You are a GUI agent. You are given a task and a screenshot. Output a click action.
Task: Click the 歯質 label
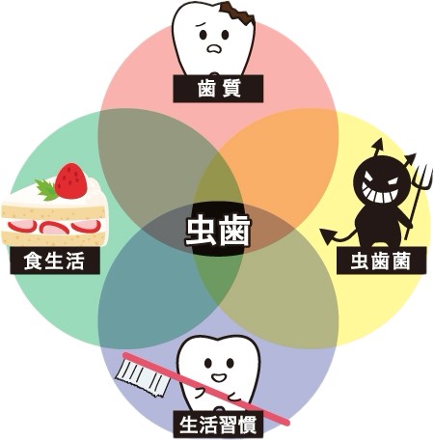[218, 89]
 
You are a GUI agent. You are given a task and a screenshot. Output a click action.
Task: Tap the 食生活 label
[55, 261]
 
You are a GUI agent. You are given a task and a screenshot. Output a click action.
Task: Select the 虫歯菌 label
[381, 261]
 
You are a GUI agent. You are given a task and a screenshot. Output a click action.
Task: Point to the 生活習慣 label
[218, 425]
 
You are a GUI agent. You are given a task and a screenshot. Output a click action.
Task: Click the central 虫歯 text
[218, 231]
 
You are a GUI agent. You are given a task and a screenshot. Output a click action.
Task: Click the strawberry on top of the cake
[70, 180]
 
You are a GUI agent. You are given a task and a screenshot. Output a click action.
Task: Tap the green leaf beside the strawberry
[46, 190]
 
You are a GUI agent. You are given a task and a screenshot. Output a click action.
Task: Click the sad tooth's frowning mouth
[214, 48]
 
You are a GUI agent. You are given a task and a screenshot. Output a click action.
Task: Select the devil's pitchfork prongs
[421, 176]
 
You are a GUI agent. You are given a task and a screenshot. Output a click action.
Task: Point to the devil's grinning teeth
[380, 193]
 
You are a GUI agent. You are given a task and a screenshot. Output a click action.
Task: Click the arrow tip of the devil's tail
[327, 236]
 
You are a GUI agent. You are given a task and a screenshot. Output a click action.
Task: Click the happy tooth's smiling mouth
[219, 377]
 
